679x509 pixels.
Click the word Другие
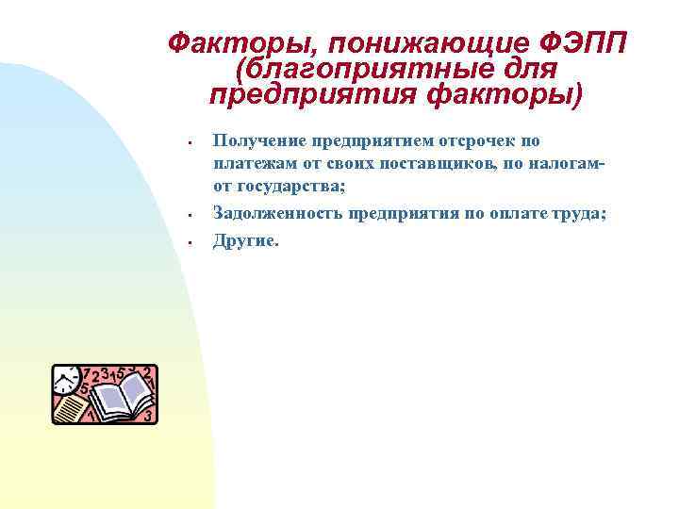245,240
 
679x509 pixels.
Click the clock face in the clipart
66,381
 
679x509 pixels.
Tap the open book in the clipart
118,396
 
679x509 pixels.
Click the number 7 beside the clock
86,373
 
